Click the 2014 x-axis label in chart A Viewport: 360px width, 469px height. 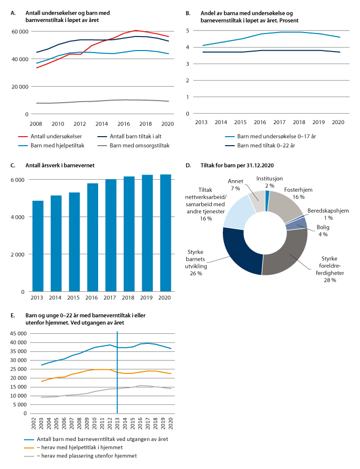101,123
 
